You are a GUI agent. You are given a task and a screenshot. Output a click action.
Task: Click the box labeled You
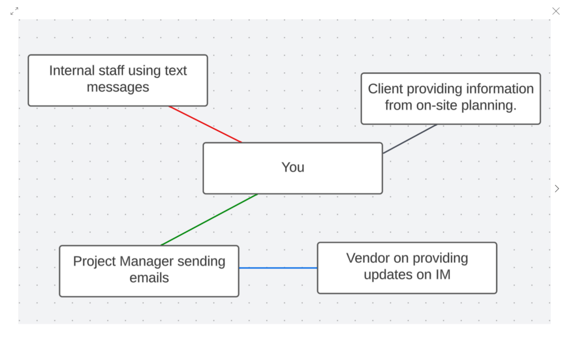pos(293,168)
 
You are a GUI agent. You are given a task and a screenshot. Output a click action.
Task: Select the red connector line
pos(206,124)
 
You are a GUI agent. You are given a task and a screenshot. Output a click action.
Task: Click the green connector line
pos(209,219)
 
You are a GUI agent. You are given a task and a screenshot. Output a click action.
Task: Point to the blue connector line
pos(278,268)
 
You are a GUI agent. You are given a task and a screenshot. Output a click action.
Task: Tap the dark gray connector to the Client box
pos(410,139)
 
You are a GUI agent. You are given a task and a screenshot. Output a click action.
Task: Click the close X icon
pos(556,11)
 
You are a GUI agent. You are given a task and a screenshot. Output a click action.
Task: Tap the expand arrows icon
pos(14,11)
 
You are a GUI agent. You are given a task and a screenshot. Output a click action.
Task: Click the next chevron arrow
pos(557,188)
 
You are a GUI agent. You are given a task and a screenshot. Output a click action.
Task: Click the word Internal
pos(72,71)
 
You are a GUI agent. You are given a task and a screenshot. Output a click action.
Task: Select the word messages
pos(118,87)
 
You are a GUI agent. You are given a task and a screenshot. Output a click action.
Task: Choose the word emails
pos(149,278)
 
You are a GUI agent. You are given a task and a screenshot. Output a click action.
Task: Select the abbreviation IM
pos(443,274)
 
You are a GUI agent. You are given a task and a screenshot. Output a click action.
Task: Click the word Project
pos(94,262)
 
